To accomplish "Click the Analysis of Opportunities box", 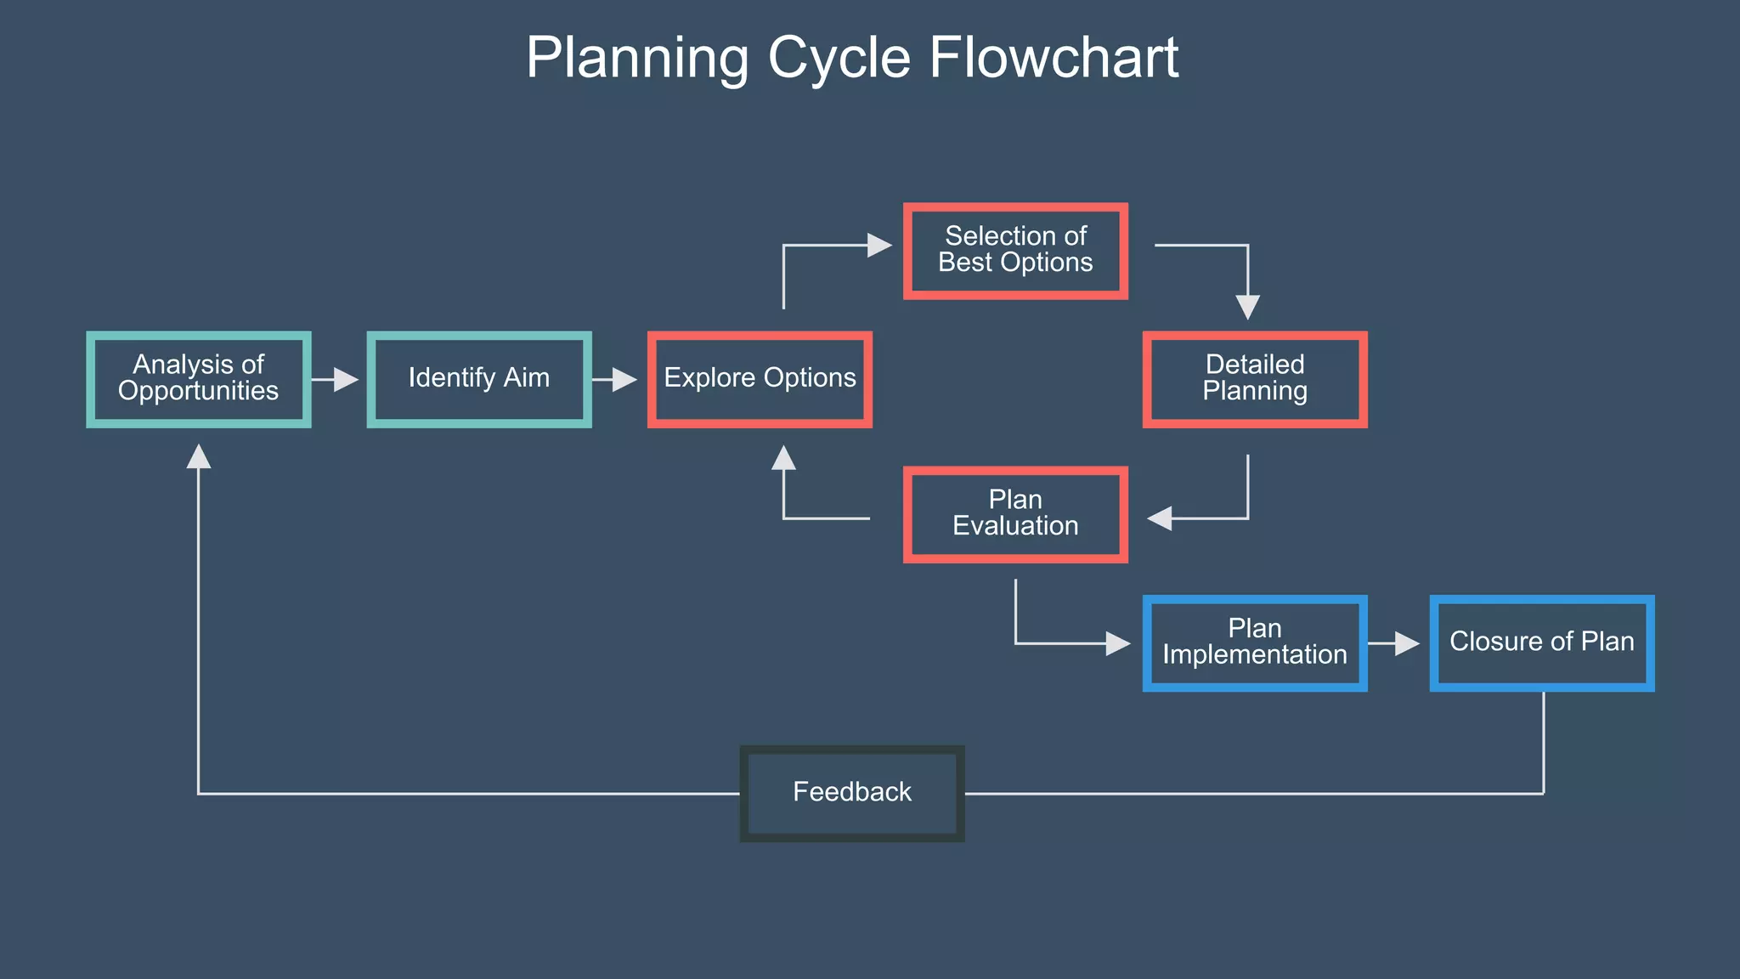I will (x=198, y=379).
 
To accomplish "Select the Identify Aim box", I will (x=479, y=379).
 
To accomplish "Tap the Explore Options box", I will (x=760, y=379).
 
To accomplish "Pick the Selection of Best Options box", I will (x=1015, y=251).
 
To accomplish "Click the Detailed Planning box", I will (x=1255, y=379).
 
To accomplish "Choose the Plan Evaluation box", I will (x=1015, y=514).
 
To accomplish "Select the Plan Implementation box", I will (x=1255, y=643).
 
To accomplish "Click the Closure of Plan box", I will (x=1542, y=643).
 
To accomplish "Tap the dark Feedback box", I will (x=852, y=793).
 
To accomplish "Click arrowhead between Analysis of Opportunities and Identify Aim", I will (x=346, y=379).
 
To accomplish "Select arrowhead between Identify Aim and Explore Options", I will (x=624, y=379).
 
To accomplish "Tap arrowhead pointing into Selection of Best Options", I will (x=879, y=246).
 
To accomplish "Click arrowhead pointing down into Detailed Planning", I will (x=1247, y=307).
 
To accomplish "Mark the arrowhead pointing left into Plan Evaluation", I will (x=1160, y=518).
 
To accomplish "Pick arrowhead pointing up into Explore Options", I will (x=783, y=457).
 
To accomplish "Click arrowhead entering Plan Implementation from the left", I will (x=1118, y=643).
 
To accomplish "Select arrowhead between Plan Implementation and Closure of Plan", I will (x=1407, y=643).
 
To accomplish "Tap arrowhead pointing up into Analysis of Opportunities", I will (x=198, y=456).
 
